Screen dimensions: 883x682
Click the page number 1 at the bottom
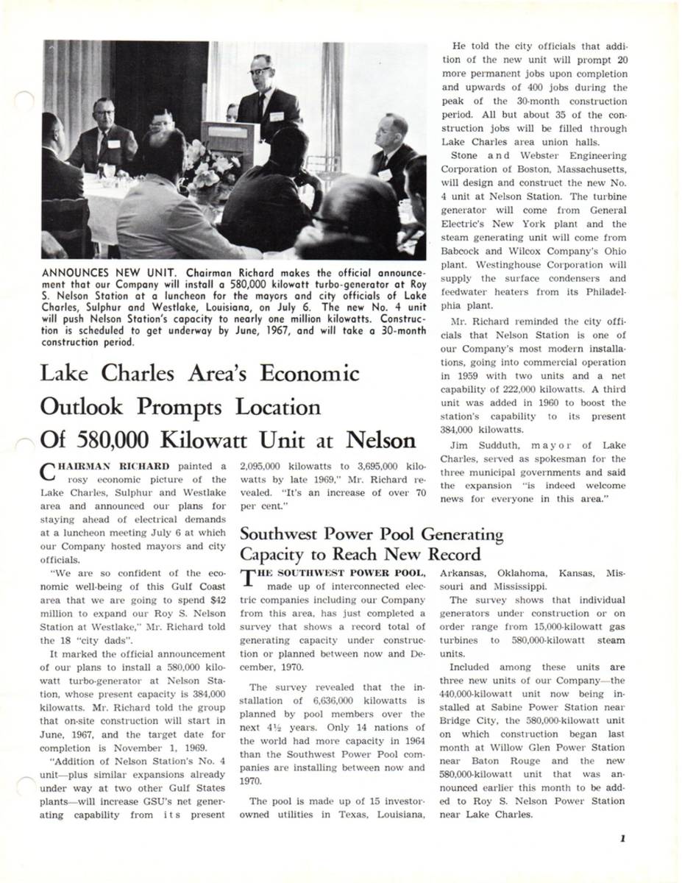coord(622,837)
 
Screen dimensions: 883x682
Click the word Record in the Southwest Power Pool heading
coord(446,554)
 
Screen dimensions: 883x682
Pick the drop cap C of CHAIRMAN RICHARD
coord(46,471)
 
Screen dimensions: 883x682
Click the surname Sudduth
coord(503,444)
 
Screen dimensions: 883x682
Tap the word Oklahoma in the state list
coord(521,572)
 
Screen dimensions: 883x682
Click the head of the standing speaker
coord(262,70)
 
